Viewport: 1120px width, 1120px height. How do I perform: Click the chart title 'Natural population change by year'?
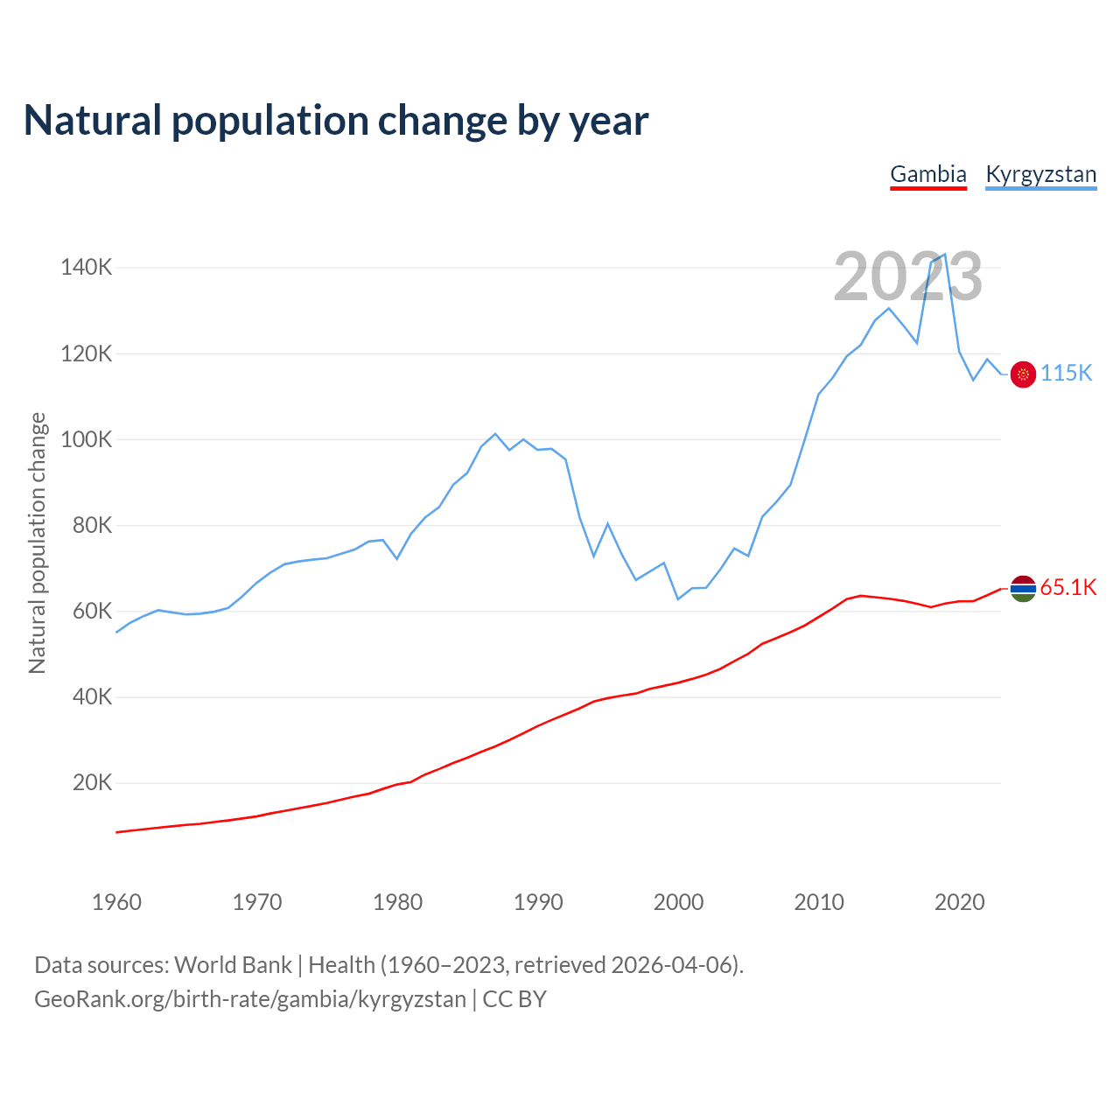(336, 121)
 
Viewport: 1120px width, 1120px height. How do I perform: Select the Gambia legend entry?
(927, 174)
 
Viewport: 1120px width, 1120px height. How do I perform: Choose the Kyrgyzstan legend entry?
(1040, 174)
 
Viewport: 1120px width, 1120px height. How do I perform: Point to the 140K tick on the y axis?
(87, 268)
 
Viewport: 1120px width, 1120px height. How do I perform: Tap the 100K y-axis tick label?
(87, 439)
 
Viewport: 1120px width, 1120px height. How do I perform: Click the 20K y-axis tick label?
(92, 783)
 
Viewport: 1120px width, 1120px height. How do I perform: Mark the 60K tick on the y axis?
(92, 611)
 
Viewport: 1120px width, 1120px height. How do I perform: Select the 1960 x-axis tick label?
(116, 902)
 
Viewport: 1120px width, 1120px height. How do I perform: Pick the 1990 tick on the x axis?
(538, 902)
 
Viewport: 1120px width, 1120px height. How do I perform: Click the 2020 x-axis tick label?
(959, 902)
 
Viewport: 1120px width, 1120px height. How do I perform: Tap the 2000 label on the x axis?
(678, 902)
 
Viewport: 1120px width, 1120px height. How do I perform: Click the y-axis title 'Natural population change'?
(38, 543)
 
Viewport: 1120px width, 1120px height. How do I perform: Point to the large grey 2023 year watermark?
(907, 277)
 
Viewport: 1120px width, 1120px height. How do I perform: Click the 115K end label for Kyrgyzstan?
(1067, 374)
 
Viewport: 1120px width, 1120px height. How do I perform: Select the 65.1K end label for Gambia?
(1068, 587)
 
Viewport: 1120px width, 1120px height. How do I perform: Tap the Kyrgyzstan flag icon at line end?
(1023, 374)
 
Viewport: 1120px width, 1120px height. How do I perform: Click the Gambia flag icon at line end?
(1023, 589)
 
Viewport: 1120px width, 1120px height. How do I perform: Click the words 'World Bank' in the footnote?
(233, 965)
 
